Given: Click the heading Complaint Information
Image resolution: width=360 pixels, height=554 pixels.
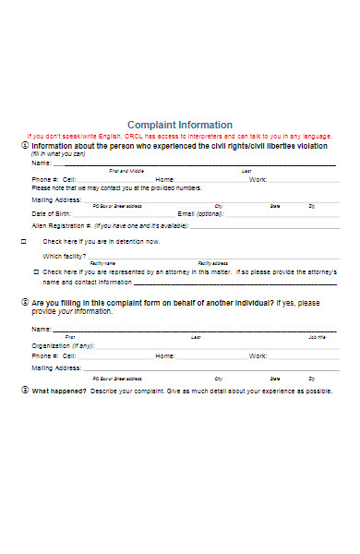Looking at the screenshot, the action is click(x=179, y=125).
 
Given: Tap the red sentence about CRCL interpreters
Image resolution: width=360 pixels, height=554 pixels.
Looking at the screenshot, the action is click(x=179, y=136).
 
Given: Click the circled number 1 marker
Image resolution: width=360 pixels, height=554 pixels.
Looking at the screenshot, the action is click(x=24, y=146).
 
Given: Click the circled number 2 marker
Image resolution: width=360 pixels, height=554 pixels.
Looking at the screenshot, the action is click(x=24, y=302).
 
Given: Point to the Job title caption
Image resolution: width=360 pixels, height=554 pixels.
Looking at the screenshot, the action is click(x=317, y=337).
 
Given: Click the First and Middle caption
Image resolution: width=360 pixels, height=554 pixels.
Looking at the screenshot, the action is click(x=126, y=171).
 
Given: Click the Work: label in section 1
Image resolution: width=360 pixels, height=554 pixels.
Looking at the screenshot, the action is click(x=258, y=179).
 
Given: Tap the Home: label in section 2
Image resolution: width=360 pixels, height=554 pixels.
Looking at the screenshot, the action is click(x=164, y=355).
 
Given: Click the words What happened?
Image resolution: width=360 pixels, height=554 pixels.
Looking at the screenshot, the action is click(x=59, y=391).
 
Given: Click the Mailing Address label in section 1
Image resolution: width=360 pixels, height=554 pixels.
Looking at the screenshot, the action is click(x=56, y=199).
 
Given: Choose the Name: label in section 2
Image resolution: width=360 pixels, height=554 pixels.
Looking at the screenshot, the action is click(x=42, y=329).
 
